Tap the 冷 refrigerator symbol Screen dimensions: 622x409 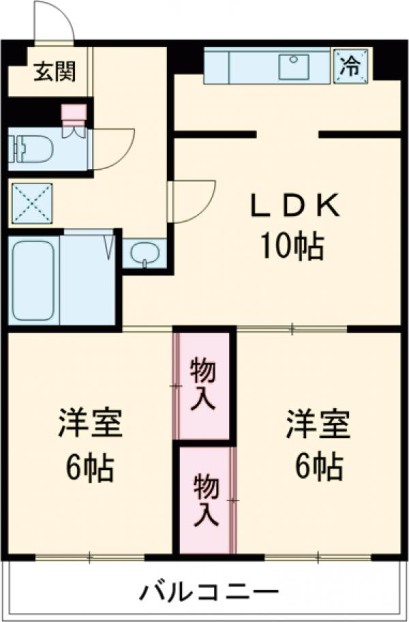[x=350, y=65]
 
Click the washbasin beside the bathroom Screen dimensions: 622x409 [x=145, y=253]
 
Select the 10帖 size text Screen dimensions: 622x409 [x=289, y=247]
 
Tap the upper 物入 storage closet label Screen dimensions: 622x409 [x=203, y=385]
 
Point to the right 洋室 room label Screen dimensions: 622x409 [x=318, y=424]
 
